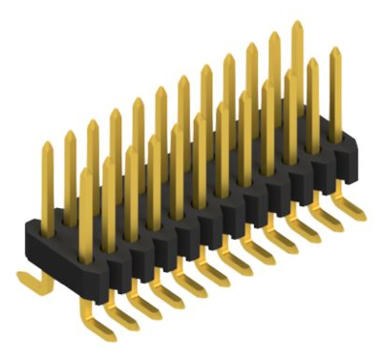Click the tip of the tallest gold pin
[297, 24]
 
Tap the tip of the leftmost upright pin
[47, 146]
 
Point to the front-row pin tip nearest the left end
[86, 173]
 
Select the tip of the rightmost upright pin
[334, 51]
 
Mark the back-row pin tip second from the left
[70, 134]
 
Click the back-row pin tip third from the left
[93, 123]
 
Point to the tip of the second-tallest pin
[274, 36]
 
